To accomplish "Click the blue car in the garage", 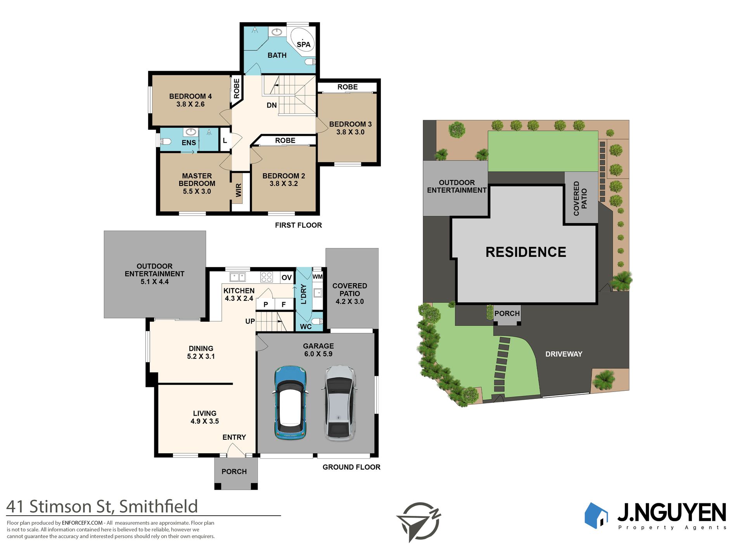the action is click(x=291, y=402).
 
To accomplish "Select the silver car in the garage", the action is click(x=339, y=403).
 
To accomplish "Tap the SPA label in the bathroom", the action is click(x=303, y=45).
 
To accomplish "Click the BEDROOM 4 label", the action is click(x=190, y=96).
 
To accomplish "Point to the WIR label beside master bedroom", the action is click(x=239, y=190).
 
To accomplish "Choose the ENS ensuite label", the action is click(x=189, y=143).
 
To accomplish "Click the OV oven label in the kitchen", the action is click(x=287, y=277).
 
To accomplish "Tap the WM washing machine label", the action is click(x=317, y=277).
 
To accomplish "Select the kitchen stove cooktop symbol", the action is click(x=266, y=277).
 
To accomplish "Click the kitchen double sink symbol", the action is click(x=237, y=277).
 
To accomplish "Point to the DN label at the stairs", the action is click(x=272, y=105).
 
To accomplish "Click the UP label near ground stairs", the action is click(x=250, y=321).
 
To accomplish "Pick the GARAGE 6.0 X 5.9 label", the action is click(x=318, y=350).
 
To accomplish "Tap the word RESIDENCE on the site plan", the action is click(x=526, y=252).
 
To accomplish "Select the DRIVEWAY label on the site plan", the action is click(x=564, y=354).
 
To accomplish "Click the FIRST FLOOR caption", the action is click(x=298, y=225).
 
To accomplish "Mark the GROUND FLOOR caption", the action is click(x=351, y=467).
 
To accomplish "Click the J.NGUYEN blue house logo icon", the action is click(x=596, y=515).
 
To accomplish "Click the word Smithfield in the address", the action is click(x=158, y=506).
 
